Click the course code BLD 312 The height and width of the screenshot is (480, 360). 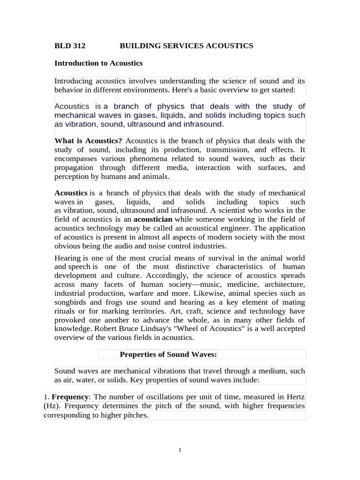coord(70,45)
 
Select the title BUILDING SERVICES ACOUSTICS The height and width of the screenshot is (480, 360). coord(186,45)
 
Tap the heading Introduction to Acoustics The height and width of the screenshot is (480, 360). coord(98,63)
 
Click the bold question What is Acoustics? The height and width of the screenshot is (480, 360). coord(89,141)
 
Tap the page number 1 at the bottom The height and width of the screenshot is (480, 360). coord(180,450)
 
